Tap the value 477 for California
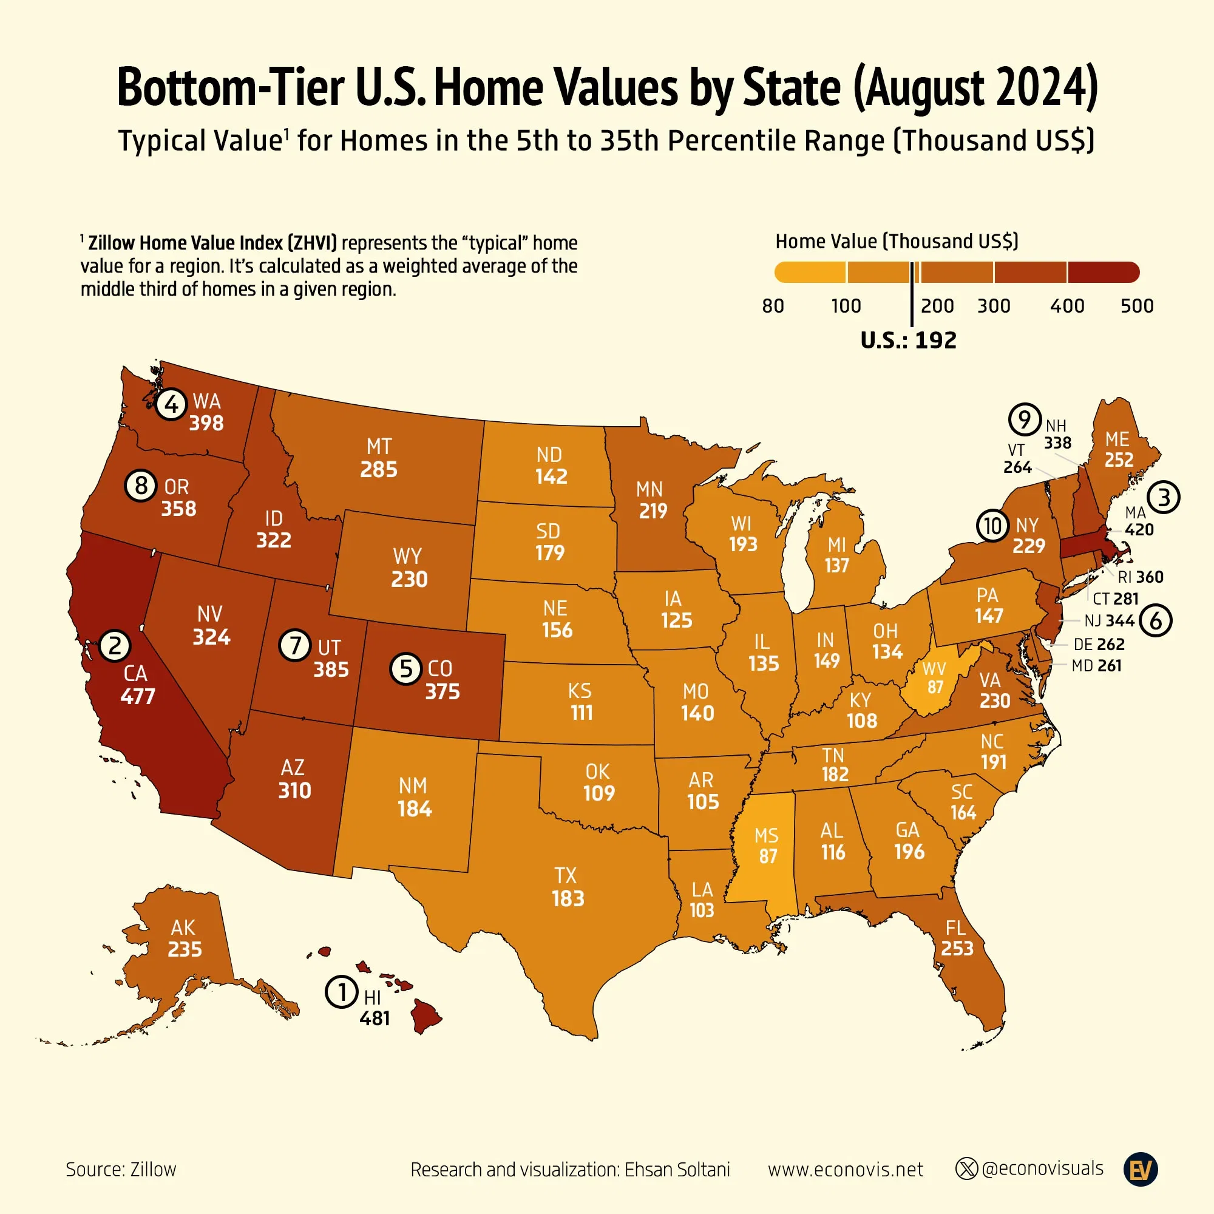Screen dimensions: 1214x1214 138,696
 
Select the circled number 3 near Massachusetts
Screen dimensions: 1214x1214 1164,497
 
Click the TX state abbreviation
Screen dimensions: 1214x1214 566,875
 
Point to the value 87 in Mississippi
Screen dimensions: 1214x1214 768,856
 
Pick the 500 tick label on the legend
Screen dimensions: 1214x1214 1137,306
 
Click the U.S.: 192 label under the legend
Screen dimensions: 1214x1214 908,341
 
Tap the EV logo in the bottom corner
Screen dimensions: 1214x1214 1141,1170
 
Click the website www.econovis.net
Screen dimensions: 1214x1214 845,1170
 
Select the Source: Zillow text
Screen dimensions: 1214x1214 121,1170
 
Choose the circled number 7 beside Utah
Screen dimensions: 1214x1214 295,645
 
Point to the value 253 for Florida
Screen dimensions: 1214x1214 957,948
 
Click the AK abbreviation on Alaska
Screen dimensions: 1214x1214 183,927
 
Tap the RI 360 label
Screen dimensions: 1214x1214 1141,577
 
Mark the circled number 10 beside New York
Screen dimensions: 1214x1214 993,525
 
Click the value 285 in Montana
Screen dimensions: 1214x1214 379,469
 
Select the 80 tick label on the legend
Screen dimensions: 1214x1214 773,306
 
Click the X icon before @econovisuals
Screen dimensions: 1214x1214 966,1168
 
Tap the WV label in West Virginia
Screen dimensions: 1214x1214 934,668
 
